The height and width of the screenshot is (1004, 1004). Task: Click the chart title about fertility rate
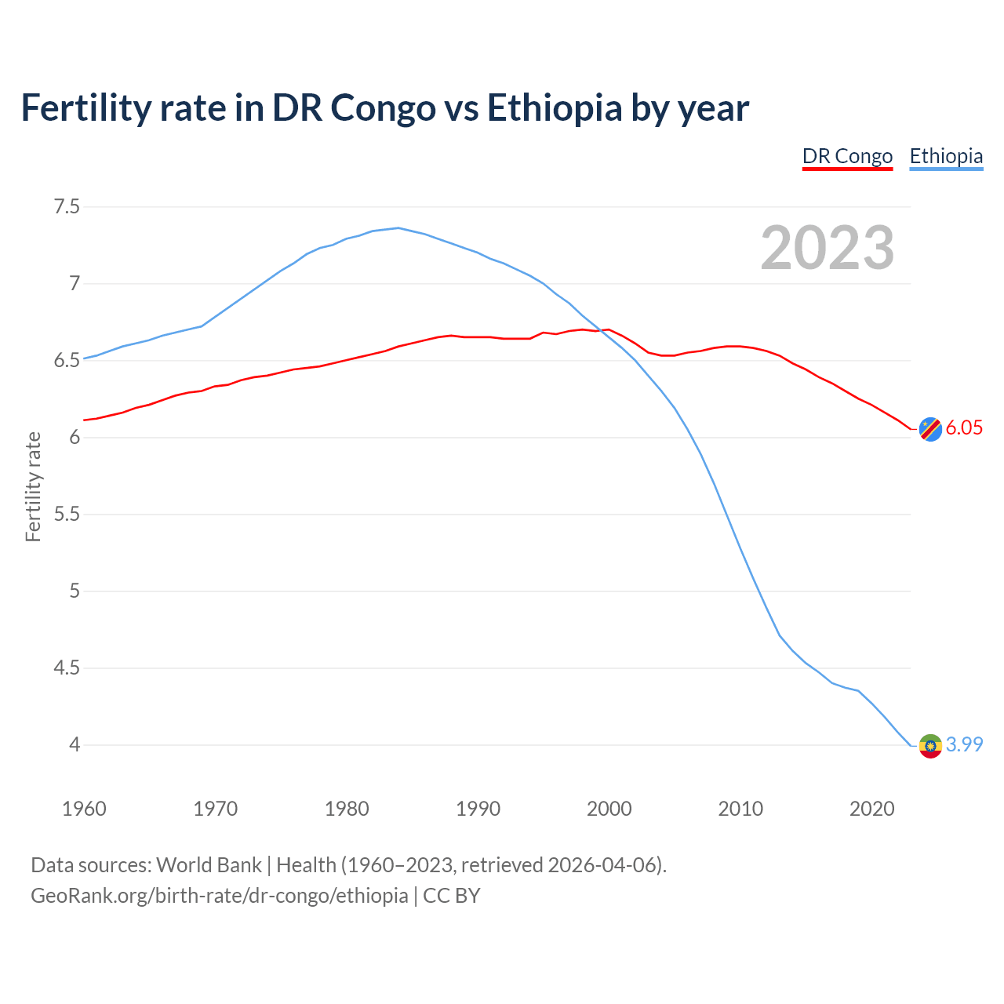(x=384, y=107)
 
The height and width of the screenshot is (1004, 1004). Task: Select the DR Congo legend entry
(x=847, y=156)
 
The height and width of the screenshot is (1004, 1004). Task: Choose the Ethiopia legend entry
(x=946, y=156)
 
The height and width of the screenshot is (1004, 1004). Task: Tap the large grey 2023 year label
(x=828, y=248)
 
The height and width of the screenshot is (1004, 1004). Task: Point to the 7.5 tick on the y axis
(x=67, y=207)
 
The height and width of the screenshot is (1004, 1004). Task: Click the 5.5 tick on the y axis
(x=67, y=515)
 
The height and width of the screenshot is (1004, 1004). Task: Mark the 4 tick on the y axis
(x=75, y=744)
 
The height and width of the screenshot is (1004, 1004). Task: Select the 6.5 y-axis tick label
(x=67, y=361)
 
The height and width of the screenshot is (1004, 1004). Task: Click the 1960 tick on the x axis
(x=84, y=809)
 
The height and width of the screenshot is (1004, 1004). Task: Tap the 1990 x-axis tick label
(x=478, y=809)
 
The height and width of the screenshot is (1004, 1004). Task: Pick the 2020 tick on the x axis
(x=871, y=809)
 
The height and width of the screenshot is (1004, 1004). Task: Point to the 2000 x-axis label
(x=609, y=809)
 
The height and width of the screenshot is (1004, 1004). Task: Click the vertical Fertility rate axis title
(x=33, y=486)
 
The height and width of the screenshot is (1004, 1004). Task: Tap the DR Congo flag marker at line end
(x=930, y=429)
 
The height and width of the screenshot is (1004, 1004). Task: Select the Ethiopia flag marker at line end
(x=930, y=745)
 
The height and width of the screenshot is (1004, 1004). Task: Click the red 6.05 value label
(x=964, y=427)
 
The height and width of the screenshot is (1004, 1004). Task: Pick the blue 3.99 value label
(x=964, y=744)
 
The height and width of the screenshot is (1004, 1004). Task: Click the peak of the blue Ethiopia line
(x=398, y=228)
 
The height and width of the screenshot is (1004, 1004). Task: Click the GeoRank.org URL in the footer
(x=220, y=895)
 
